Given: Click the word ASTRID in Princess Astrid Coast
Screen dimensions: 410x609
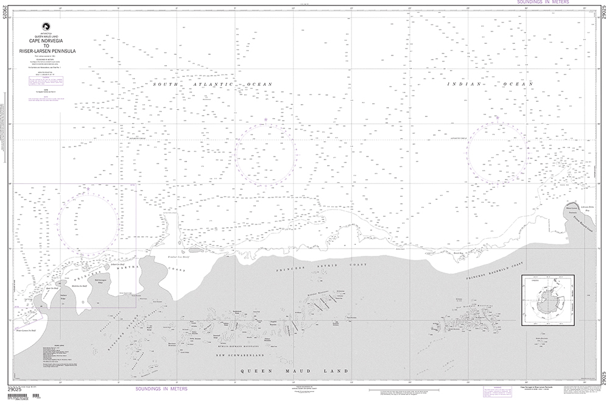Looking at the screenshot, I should [328, 268].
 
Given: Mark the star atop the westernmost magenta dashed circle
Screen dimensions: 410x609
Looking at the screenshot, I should [88, 189].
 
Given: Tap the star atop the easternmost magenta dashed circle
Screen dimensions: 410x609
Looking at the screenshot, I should [497, 118].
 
